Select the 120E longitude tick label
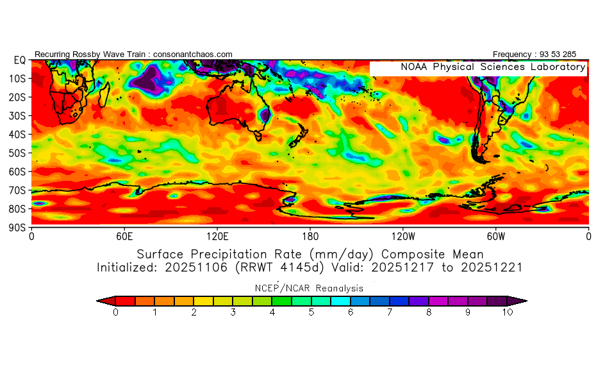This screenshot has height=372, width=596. pos(217,235)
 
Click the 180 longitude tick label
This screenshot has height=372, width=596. pos(310,235)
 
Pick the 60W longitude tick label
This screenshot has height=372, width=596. pos(495,235)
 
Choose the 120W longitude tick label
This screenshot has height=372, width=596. pos(403,235)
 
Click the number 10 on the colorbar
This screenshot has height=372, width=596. pos(507,312)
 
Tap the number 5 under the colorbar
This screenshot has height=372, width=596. pos(311,312)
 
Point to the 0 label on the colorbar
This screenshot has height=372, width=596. pos(115,312)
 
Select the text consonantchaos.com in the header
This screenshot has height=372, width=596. pos(193,55)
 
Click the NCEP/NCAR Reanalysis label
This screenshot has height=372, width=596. pos(310,288)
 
